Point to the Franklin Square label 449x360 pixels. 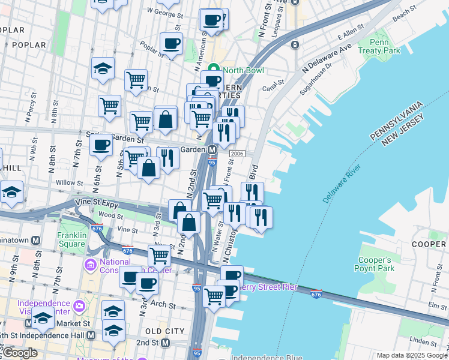tap(72, 240)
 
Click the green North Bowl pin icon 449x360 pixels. tap(213, 70)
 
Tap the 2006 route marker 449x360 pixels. tap(235, 154)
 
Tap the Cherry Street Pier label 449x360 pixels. tap(268, 287)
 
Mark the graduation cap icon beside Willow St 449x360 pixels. tap(11, 192)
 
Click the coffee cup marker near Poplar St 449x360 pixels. tap(172, 43)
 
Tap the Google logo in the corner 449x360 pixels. tap(20, 353)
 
